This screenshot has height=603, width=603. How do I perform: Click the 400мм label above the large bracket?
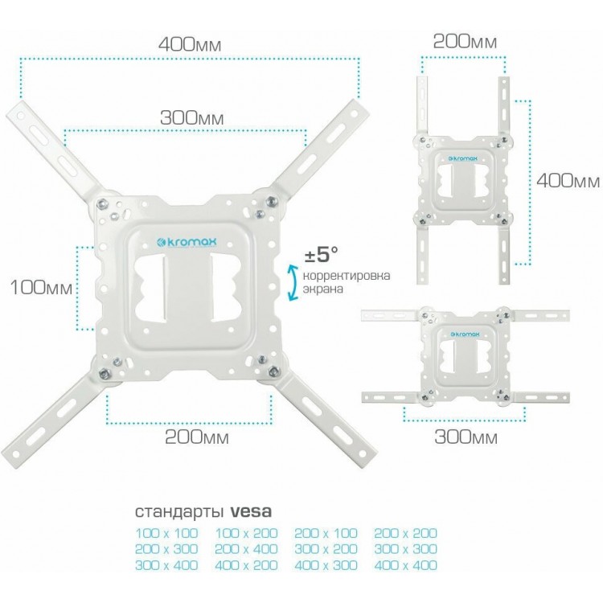coord(190,44)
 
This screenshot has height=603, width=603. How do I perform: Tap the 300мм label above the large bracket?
coord(191,117)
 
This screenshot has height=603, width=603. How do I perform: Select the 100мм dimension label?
coord(41,287)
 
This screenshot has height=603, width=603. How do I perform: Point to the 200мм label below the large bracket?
coord(197,437)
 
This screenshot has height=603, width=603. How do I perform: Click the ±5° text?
coord(321,254)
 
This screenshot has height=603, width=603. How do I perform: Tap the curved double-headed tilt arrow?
coord(293,282)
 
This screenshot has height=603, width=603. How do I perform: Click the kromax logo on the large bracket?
coord(187,242)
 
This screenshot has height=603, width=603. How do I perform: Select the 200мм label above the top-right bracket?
coord(465,42)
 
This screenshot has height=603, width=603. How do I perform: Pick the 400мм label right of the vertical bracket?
coord(568,180)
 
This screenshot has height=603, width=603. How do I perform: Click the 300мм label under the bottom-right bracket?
coord(466,437)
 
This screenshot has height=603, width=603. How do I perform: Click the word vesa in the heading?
coord(251,511)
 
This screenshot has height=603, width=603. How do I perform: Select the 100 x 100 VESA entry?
coord(166,533)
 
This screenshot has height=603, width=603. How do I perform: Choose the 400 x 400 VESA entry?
coord(406,565)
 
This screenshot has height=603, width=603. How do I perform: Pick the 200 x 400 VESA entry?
coord(246,549)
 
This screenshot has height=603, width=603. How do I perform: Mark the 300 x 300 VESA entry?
coord(406,549)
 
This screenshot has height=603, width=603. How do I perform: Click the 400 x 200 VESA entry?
coord(246,565)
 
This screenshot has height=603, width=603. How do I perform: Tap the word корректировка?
coord(347,276)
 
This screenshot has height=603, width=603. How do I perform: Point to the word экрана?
coord(322,289)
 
